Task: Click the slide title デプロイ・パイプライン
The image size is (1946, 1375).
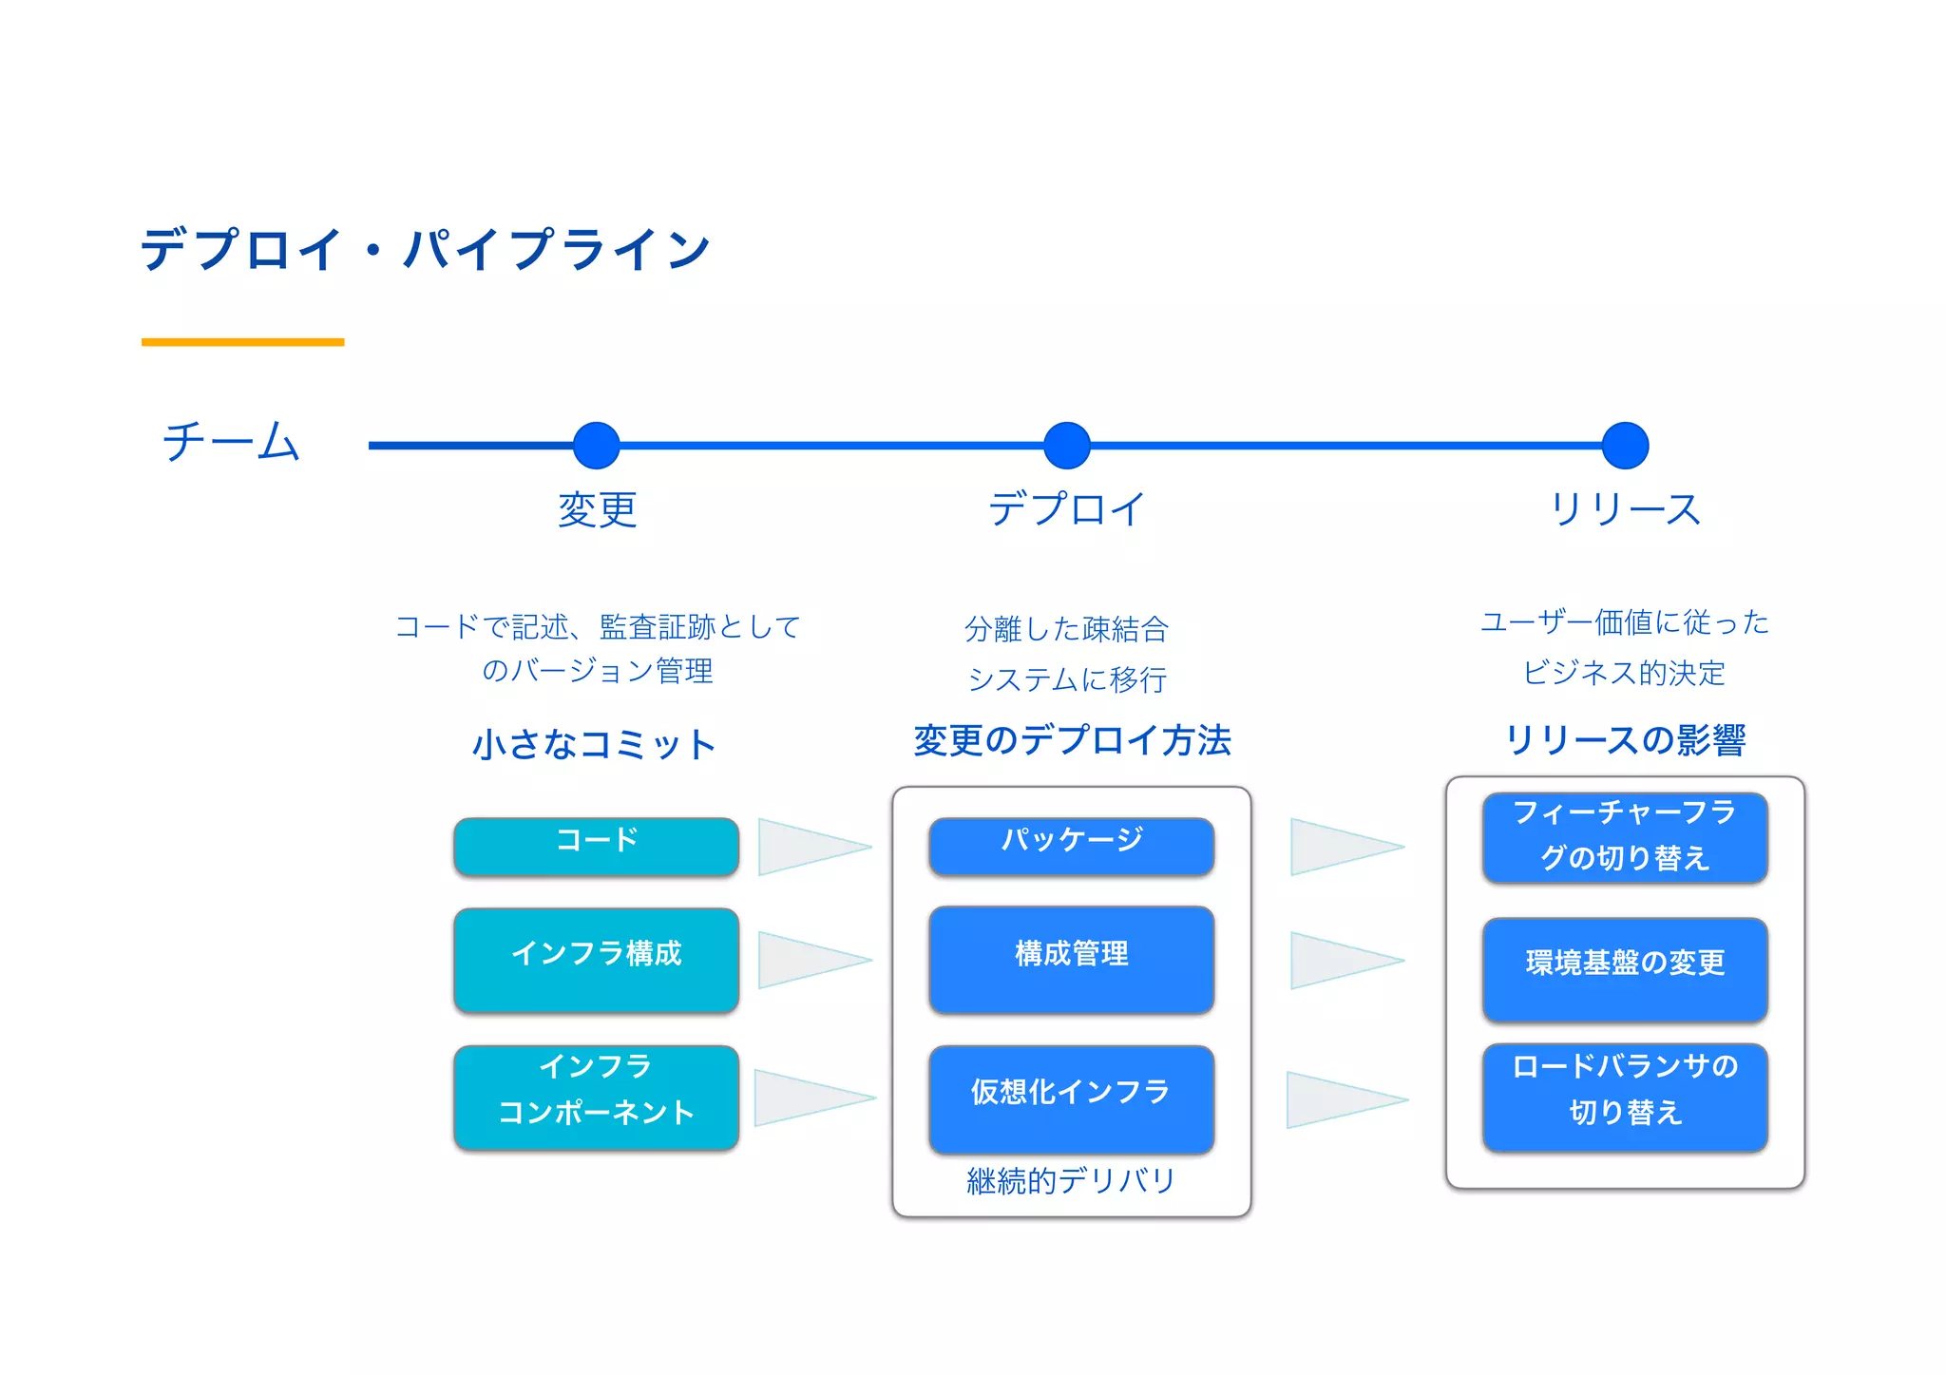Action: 425,249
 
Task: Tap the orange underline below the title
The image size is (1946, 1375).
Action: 242,341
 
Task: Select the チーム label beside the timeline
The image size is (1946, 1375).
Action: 231,442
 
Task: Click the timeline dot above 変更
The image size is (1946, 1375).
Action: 597,446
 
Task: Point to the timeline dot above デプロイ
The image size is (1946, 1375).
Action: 1066,446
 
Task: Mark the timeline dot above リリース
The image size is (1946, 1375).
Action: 1625,446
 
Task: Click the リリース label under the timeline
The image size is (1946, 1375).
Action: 1625,509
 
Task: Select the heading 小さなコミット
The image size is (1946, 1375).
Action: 595,744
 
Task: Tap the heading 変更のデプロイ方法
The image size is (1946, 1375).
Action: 1072,740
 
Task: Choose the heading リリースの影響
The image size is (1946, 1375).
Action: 1625,740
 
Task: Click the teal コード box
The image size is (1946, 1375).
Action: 596,846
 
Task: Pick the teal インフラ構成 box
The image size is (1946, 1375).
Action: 596,960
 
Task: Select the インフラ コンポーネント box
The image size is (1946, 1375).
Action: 596,1098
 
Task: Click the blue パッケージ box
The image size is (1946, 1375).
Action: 1071,846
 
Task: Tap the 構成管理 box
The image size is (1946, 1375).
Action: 1071,960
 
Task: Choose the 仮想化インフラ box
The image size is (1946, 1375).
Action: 1071,1098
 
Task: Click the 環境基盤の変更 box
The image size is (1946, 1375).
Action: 1625,969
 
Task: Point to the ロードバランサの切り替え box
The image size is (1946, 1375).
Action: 1625,1097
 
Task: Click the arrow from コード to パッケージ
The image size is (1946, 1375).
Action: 808,847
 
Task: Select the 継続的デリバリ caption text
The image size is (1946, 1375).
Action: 1071,1180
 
